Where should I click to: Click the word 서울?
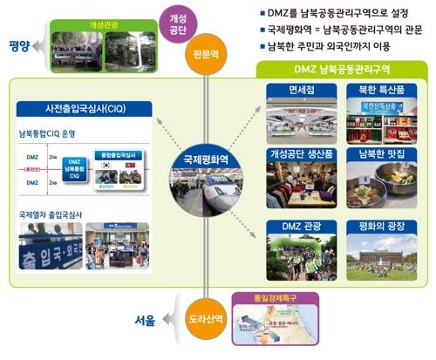coord(145,320)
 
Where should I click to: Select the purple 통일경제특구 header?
coord(278,295)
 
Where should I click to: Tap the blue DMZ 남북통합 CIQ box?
coord(99,167)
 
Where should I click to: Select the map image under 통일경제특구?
coord(278,325)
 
